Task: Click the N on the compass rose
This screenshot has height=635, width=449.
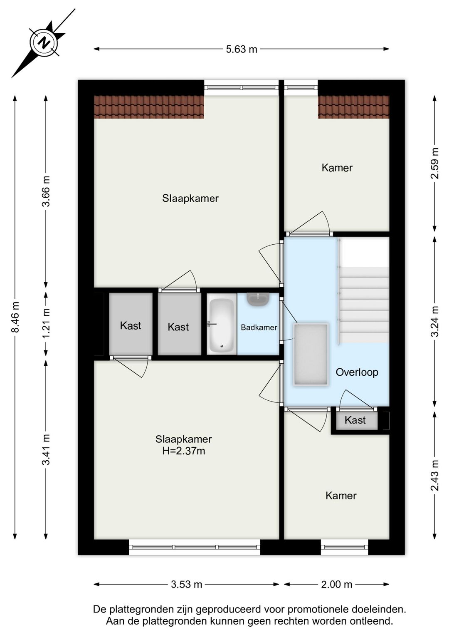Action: coord(44,43)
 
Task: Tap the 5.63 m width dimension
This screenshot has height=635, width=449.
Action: coord(242,50)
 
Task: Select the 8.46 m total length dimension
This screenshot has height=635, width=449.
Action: coord(15,317)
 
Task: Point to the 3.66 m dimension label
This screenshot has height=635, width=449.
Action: coord(46,191)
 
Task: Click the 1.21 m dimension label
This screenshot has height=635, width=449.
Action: coord(46,323)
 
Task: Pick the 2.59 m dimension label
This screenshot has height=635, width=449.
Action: coord(434,163)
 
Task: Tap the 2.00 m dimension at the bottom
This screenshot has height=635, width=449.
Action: coord(336,584)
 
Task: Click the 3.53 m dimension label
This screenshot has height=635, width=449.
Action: coord(186,584)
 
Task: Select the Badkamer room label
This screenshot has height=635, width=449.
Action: coord(259,328)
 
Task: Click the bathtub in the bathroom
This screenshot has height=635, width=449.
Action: coord(222,324)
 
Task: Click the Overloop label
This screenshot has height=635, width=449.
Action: coord(357,372)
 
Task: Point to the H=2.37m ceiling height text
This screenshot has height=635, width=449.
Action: coord(184,451)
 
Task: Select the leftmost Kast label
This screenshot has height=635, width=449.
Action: coord(131,326)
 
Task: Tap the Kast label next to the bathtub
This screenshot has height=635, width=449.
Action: coord(178,327)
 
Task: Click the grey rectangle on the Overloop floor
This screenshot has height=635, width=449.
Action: coord(311,355)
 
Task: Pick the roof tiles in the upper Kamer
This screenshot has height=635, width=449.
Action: coord(353,107)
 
